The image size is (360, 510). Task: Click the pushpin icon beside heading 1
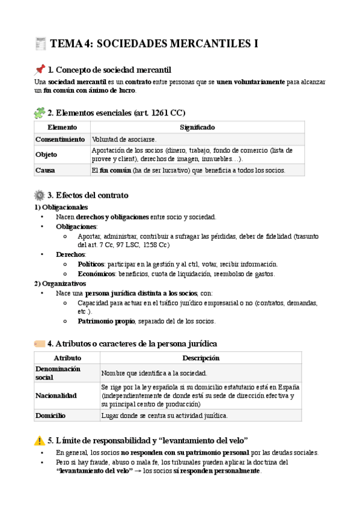tap(40, 69)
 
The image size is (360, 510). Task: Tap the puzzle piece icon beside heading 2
tap(40, 112)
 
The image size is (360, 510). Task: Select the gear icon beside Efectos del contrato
tap(40, 195)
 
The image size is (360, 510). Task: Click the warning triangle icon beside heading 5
tap(40, 440)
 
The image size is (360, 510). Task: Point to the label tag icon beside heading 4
tap(40, 343)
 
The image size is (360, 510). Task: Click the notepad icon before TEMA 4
tap(41, 43)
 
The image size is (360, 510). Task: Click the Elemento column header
tap(62, 127)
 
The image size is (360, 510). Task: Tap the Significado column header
tap(197, 127)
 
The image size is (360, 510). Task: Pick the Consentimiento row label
tap(60, 139)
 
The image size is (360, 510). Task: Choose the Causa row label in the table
tap(46, 170)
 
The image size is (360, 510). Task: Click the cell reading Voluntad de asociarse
tap(124, 139)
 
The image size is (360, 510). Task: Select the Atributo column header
tap(67, 358)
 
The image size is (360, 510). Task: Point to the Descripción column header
tap(201, 358)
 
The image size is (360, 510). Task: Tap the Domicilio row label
tap(50, 416)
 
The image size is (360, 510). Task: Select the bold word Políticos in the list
tap(91, 264)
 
